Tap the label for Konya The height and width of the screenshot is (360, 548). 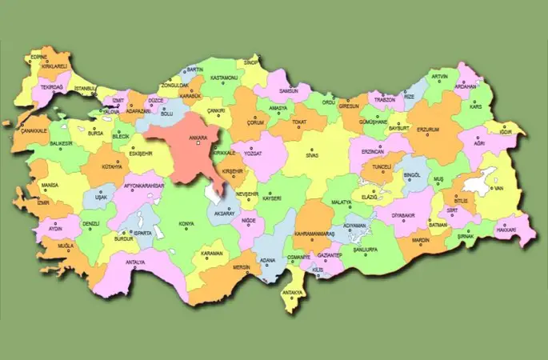click(x=188, y=223)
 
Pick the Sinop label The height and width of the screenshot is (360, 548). click(x=253, y=61)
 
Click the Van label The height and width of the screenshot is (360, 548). click(x=498, y=188)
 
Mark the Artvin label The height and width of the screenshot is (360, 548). click(x=439, y=77)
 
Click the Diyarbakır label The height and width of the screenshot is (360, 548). click(x=406, y=215)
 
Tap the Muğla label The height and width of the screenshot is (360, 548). click(x=66, y=246)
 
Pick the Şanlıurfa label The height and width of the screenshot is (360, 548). click(x=370, y=249)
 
